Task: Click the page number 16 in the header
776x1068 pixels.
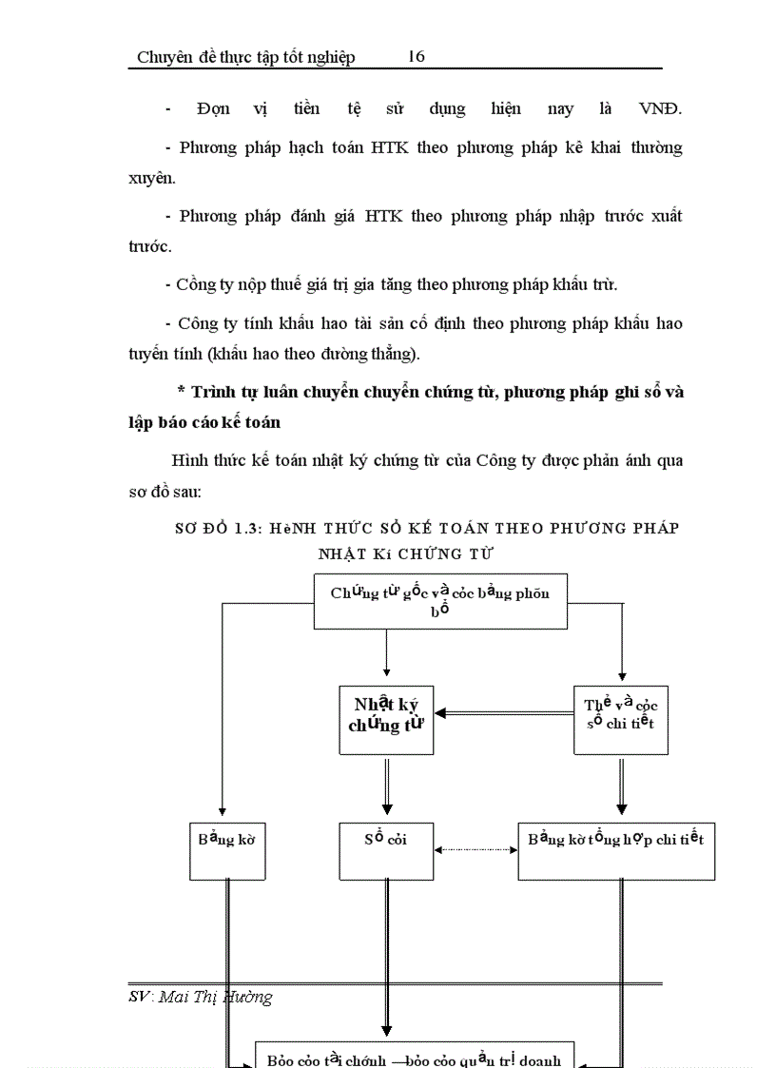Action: click(416, 57)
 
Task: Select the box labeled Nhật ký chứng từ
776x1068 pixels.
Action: click(386, 720)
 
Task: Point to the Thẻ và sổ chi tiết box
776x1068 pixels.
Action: click(621, 720)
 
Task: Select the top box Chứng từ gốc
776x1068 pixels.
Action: click(440, 601)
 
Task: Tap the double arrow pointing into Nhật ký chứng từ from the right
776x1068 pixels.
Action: click(503, 712)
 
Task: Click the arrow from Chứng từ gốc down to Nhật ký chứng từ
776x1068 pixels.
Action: click(387, 657)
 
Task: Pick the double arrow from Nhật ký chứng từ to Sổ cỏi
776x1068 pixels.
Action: click(387, 788)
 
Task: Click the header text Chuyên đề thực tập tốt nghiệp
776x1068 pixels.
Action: click(246, 57)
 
